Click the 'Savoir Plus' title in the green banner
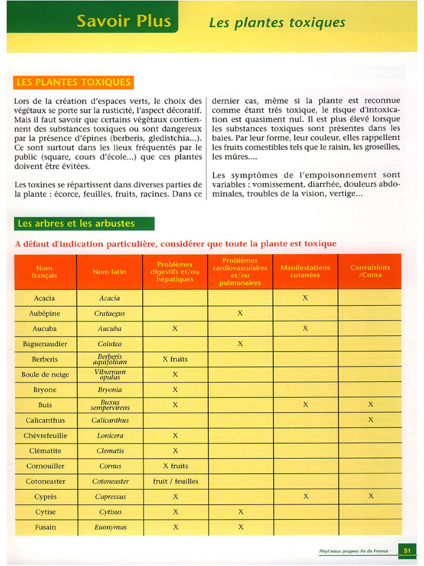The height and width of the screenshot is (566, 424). point(124,21)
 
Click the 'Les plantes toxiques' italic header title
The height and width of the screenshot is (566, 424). point(277,23)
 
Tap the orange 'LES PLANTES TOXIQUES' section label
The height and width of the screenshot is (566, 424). point(73,82)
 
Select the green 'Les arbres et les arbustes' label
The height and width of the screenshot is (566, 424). point(76,223)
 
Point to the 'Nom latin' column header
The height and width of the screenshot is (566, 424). point(109,271)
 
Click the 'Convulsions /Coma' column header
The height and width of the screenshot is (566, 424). point(370,271)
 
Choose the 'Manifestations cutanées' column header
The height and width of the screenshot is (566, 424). point(305,271)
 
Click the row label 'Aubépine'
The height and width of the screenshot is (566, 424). point(45,313)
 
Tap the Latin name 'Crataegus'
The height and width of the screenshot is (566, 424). point(109,313)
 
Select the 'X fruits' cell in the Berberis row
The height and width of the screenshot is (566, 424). point(175,359)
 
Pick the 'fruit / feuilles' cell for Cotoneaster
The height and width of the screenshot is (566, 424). point(175,481)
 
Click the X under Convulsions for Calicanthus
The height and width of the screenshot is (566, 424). point(370,420)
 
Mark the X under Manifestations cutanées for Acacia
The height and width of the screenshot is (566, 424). point(305,298)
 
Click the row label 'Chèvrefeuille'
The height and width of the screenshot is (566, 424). point(45,436)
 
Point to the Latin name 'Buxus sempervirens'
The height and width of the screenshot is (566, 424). point(109,405)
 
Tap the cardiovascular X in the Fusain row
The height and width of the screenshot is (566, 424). point(241,527)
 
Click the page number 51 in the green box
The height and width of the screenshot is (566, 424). point(407,551)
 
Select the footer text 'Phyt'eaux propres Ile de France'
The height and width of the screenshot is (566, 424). point(353,551)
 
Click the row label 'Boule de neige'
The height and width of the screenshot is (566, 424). point(45,375)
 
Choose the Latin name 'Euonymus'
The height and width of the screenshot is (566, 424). point(110,527)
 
